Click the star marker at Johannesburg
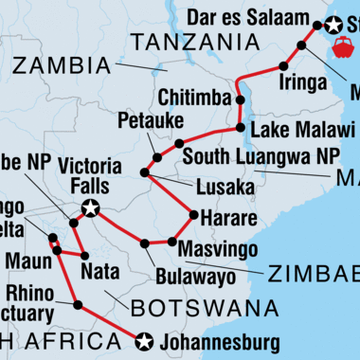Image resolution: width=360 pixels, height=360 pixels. [144, 340]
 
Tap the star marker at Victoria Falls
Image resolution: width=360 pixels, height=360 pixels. [90, 207]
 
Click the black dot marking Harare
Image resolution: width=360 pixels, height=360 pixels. [193, 215]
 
